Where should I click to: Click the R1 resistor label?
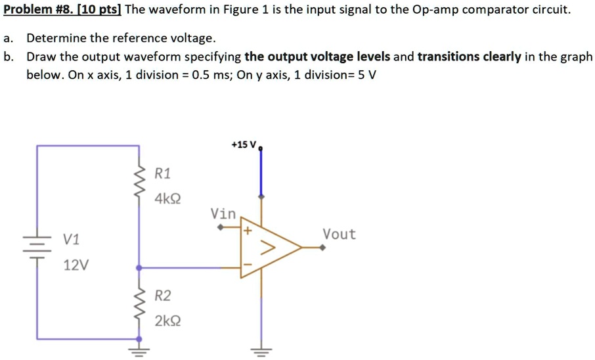pyautogui.click(x=162, y=174)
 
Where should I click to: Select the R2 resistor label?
pyautogui.click(x=162, y=296)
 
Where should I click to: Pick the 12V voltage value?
pyautogui.click(x=76, y=265)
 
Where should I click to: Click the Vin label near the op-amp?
pyautogui.click(x=223, y=214)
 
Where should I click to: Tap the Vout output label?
pyautogui.click(x=339, y=235)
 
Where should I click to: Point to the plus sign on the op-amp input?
pyautogui.click(x=248, y=232)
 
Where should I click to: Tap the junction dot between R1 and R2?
pyautogui.click(x=139, y=268)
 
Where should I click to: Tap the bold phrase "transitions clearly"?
pyautogui.click(x=470, y=56)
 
